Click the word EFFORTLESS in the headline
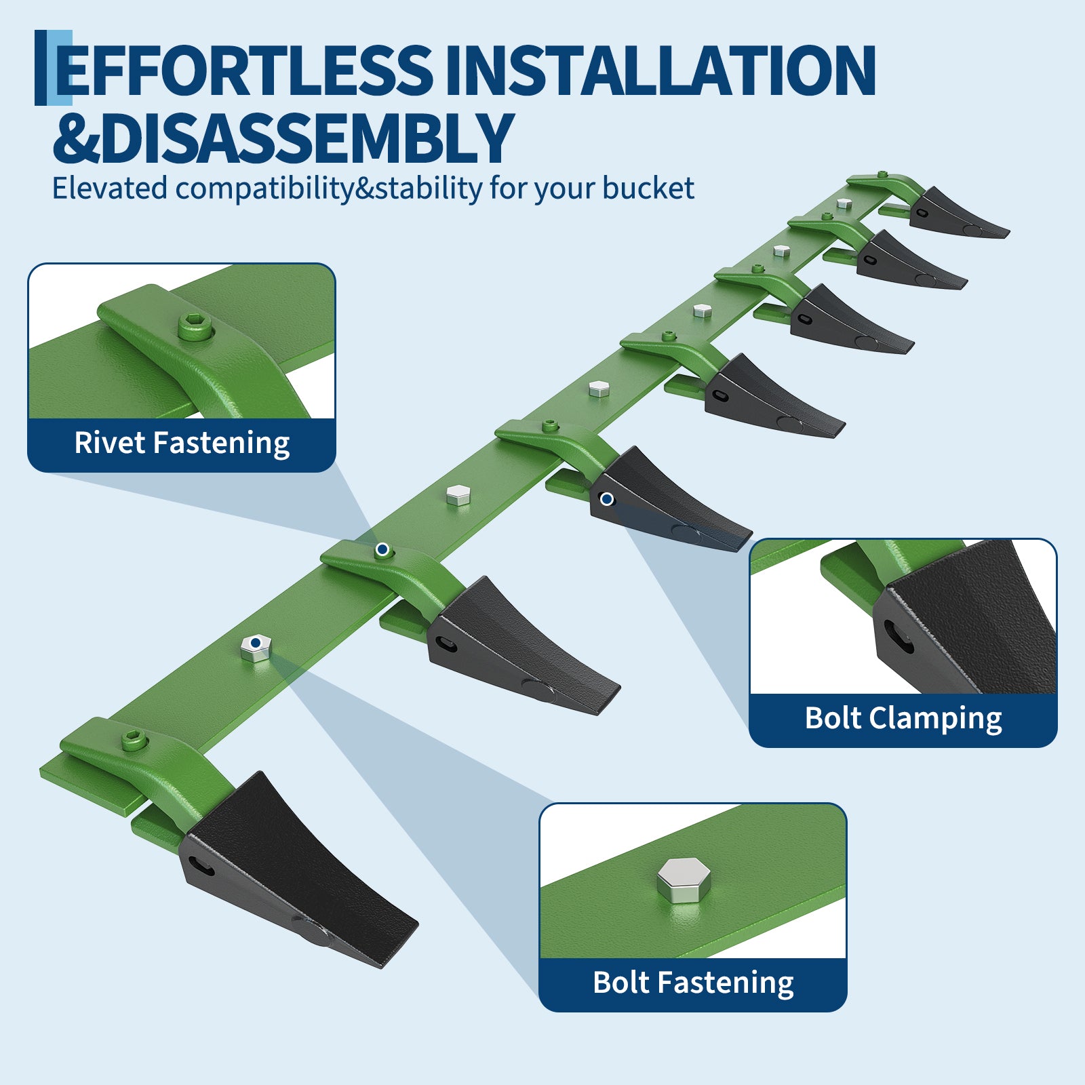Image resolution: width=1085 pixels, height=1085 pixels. (x=243, y=70)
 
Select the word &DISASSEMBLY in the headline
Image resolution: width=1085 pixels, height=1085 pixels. (x=283, y=138)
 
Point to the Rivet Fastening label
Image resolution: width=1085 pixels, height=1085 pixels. (x=182, y=443)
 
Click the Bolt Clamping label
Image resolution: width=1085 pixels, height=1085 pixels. (x=903, y=719)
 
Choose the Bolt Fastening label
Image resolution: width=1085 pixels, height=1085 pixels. (x=693, y=983)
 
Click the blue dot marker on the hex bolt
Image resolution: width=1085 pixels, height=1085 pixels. (x=256, y=642)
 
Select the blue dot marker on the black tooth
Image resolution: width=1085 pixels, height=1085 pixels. (x=607, y=499)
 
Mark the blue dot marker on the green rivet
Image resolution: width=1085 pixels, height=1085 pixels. (x=382, y=549)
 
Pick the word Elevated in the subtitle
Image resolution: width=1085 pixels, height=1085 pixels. (x=110, y=188)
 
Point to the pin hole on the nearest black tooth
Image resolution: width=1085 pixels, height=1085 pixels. (x=201, y=866)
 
